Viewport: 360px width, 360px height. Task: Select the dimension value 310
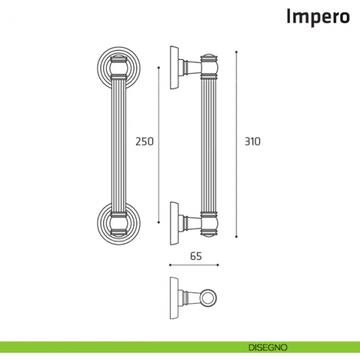(x=252, y=141)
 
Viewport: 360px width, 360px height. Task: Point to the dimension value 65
(x=195, y=256)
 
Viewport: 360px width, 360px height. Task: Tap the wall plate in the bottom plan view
(x=173, y=299)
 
